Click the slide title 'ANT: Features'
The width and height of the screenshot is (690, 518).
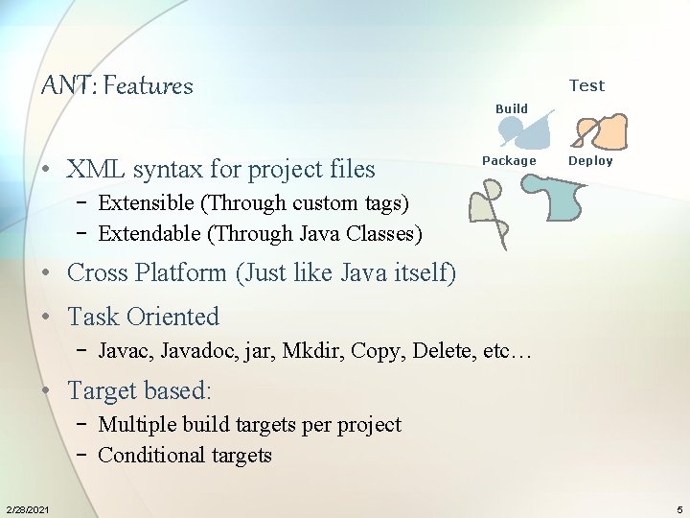point(117,86)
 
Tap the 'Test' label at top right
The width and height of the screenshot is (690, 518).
point(586,85)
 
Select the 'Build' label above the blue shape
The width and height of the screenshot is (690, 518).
point(512,108)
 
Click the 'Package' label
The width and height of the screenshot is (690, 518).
point(509,160)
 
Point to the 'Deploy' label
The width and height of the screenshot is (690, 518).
point(590,160)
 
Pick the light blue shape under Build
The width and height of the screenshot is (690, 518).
point(530,131)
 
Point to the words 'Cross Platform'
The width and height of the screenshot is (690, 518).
point(149,272)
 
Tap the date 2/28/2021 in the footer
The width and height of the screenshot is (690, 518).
point(29,507)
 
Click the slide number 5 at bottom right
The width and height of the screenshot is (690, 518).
point(679,507)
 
